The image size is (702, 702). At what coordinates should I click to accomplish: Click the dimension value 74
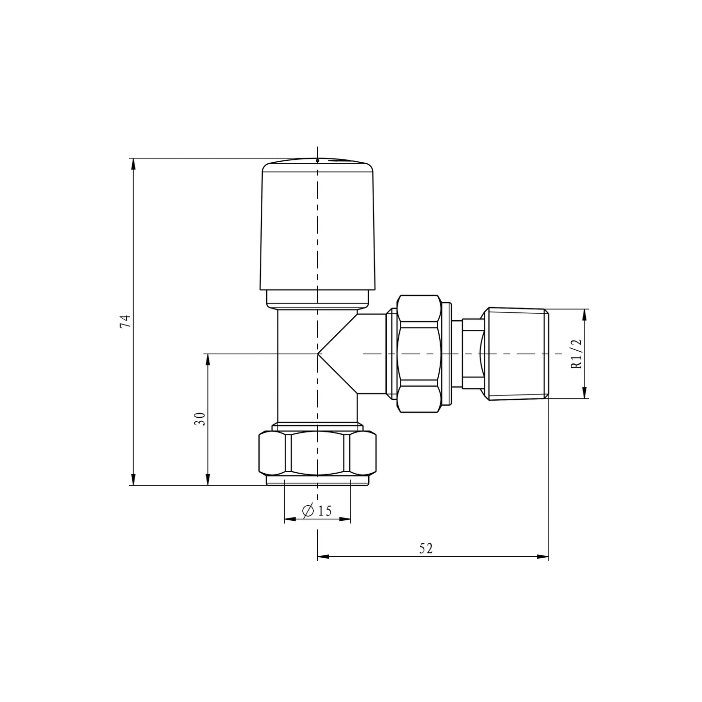point(126,322)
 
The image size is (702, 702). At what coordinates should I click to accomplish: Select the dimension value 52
point(426,548)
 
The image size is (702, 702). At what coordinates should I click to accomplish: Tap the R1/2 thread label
point(576,354)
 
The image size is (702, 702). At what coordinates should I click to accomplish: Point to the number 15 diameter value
point(325,511)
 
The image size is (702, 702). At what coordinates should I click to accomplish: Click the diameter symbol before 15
point(308,511)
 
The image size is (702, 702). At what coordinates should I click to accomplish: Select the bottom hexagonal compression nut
point(318,453)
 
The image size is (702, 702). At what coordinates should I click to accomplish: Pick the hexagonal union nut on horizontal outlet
point(419,354)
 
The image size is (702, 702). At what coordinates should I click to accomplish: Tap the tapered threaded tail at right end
point(516,354)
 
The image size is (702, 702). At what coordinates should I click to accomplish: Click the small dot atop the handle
point(317,160)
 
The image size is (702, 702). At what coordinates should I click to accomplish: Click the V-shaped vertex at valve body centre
point(318,354)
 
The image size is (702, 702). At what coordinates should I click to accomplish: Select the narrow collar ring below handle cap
point(318,299)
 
